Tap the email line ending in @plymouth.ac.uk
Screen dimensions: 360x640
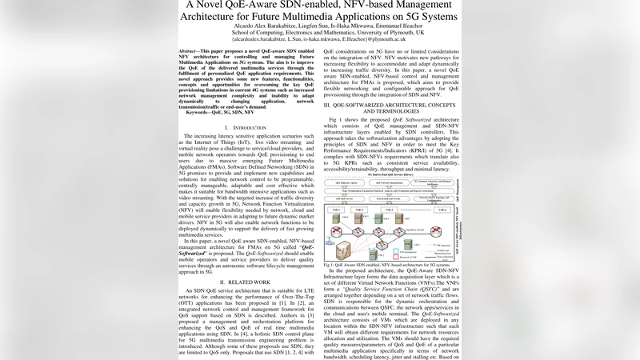pyautogui.click(x=319, y=38)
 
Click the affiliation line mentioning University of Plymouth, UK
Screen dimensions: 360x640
pyautogui.click(x=319, y=30)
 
